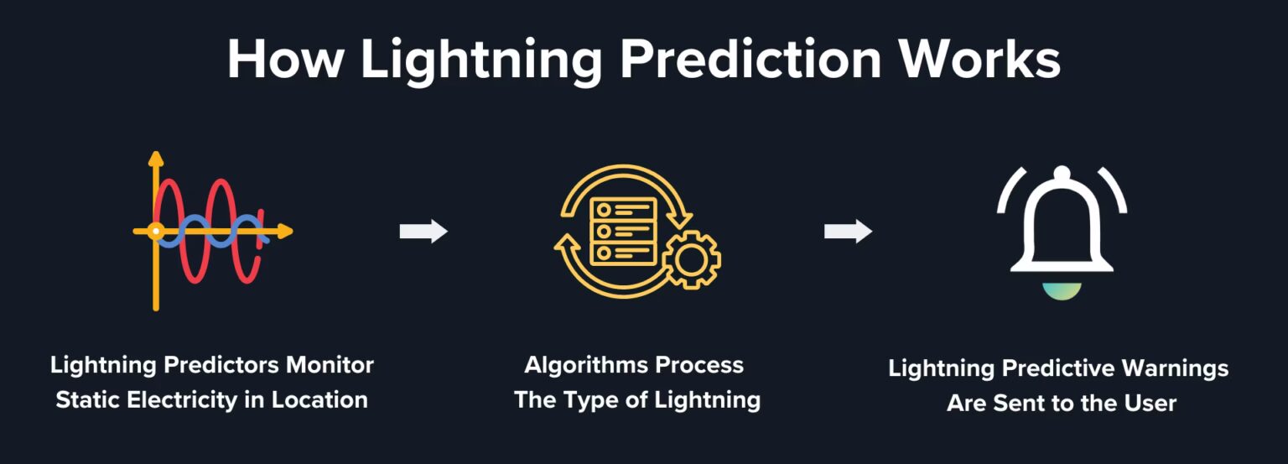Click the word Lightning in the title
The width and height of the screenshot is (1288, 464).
[482, 60]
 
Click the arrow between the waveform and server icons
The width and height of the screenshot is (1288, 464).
[423, 232]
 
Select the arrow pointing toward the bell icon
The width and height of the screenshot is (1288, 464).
[848, 232]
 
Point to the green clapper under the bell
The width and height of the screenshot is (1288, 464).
[1062, 291]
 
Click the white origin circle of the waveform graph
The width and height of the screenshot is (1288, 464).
[155, 231]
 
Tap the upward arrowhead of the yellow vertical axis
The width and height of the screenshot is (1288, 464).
[155, 158]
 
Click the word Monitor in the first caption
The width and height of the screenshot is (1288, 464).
[330, 366]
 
